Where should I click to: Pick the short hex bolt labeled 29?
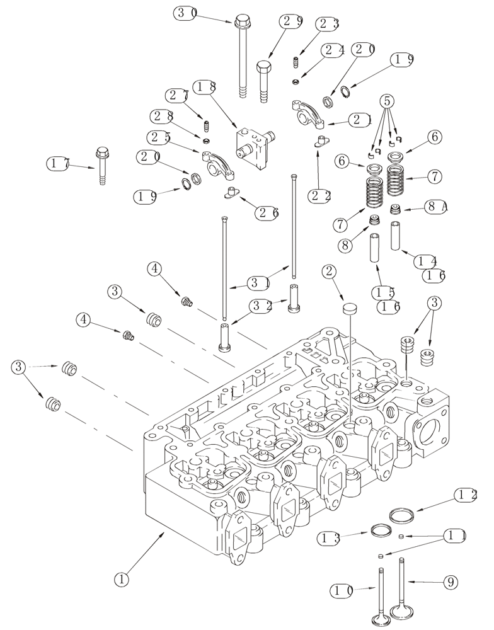point(263,79)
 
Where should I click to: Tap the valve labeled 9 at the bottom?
point(401,589)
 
